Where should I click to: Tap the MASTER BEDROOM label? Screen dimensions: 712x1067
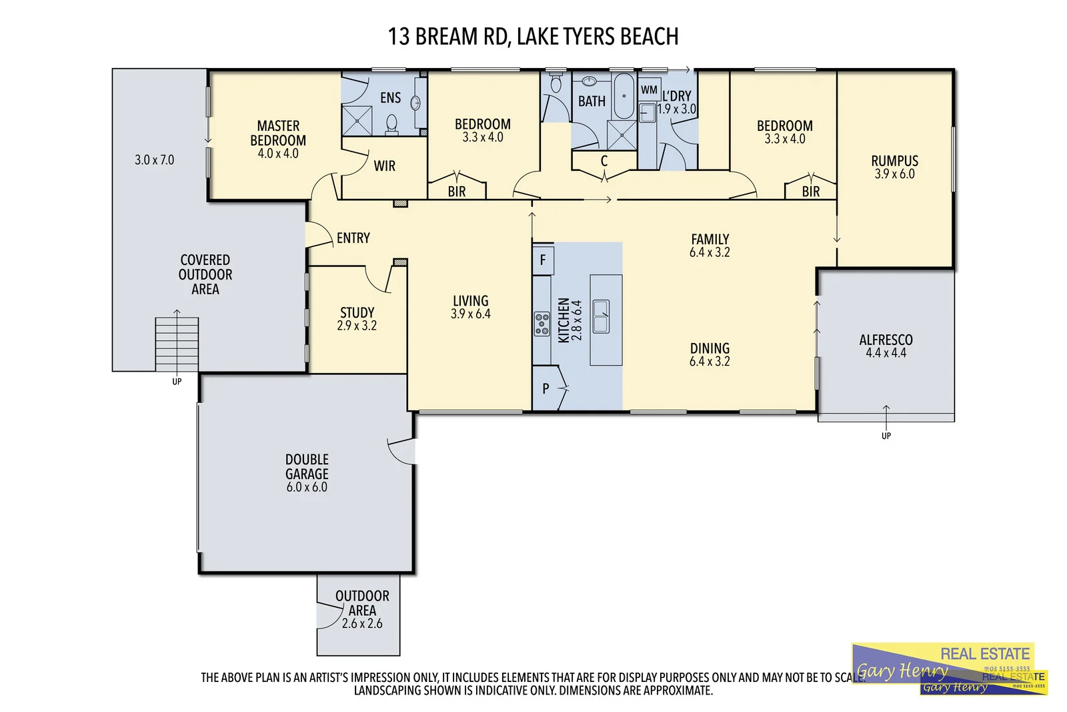pyautogui.click(x=278, y=133)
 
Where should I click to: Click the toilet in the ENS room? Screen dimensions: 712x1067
pyautogui.click(x=391, y=124)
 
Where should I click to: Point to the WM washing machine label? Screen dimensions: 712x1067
pyautogui.click(x=648, y=89)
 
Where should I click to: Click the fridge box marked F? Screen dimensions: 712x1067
pyautogui.click(x=542, y=260)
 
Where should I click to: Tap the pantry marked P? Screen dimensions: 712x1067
pyautogui.click(x=546, y=388)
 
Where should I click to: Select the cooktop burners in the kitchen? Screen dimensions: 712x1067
pyautogui.click(x=542, y=324)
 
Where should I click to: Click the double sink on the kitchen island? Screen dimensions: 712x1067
pyautogui.click(x=601, y=316)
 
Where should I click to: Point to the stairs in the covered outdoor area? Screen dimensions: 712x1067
pyautogui.click(x=177, y=344)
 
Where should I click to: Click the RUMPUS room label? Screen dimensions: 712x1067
pyautogui.click(x=894, y=161)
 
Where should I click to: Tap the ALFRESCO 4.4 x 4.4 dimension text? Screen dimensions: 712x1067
pyautogui.click(x=886, y=353)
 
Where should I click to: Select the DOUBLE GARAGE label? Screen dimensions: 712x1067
pyautogui.click(x=307, y=466)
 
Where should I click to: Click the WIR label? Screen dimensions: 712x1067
pyautogui.click(x=384, y=165)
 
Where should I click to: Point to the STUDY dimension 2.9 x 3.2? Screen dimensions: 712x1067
pyautogui.click(x=357, y=326)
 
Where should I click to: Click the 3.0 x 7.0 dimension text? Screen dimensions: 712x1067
pyautogui.click(x=154, y=159)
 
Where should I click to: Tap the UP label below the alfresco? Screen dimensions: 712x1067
pyautogui.click(x=886, y=436)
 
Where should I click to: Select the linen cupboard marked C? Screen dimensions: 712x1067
pyautogui.click(x=604, y=161)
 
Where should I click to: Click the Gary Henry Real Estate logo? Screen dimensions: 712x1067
pyautogui.click(x=948, y=669)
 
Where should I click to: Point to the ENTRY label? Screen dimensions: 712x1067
pyautogui.click(x=353, y=238)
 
